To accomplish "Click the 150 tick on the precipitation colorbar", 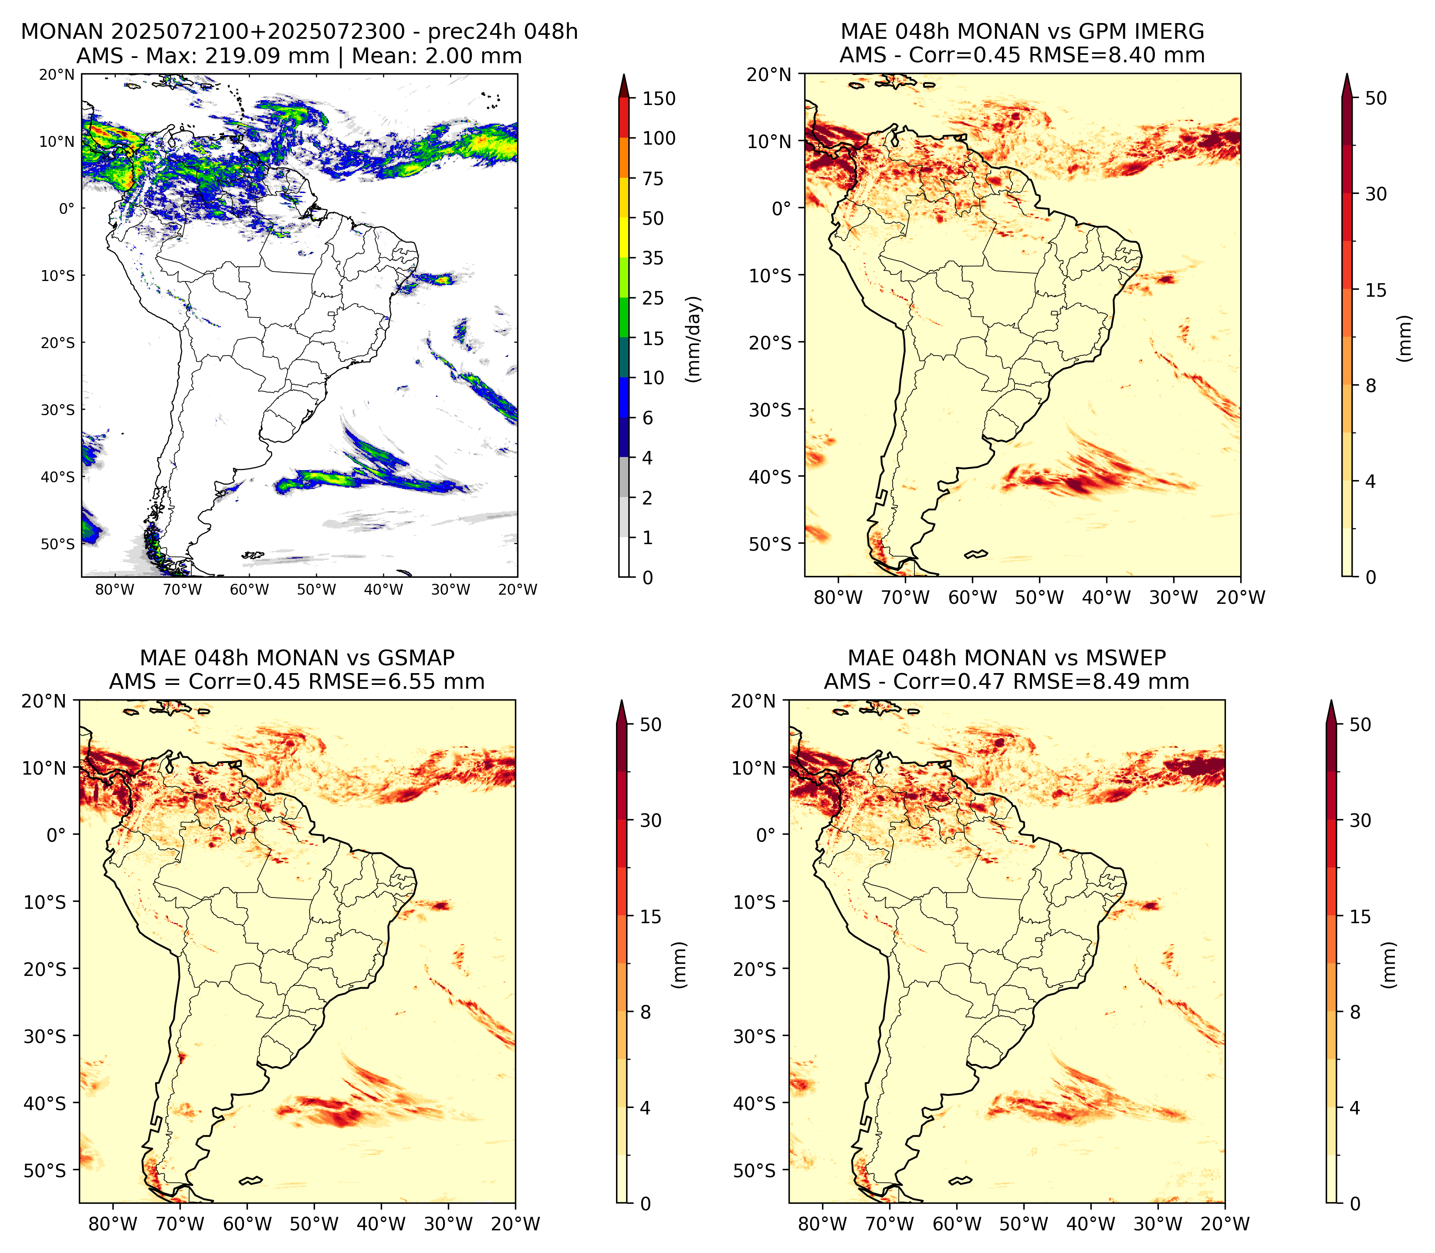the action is (658, 98).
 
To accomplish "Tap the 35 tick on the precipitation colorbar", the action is (652, 258).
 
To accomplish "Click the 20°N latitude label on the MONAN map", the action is (57, 74).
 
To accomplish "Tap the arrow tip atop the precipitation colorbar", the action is (624, 75).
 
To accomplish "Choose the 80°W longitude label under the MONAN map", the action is (115, 589).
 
